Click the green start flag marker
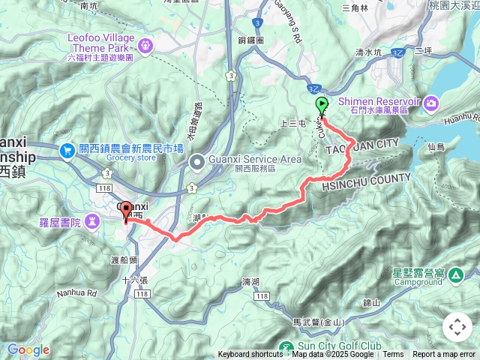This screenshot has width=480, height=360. [x=322, y=106]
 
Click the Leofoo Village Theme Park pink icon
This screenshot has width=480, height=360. [x=144, y=46]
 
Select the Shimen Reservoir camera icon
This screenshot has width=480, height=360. [x=432, y=102]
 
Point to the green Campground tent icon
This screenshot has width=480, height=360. [x=455, y=276]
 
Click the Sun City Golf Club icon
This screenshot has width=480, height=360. [x=285, y=348]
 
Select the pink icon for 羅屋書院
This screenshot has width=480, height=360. [x=91, y=221]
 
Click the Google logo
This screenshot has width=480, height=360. [x=28, y=349]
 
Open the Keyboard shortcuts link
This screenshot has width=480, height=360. [x=250, y=355]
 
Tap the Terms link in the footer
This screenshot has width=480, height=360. [x=393, y=355]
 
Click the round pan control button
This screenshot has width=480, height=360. [x=457, y=327]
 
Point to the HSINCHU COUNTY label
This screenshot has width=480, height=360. [x=367, y=181]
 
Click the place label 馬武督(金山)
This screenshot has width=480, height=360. [x=318, y=322]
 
